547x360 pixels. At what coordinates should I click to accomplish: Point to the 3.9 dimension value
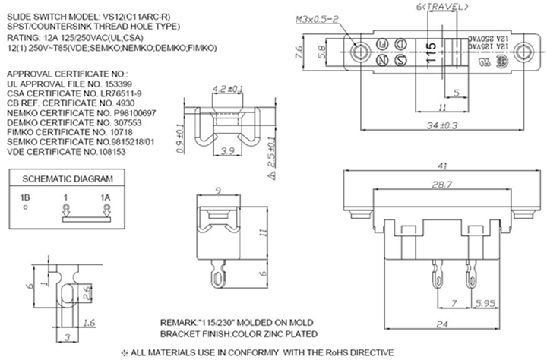point(226,152)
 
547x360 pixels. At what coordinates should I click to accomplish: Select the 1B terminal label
point(26,197)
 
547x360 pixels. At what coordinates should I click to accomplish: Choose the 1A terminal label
point(106,197)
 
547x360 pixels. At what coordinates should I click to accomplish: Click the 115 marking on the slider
point(430,52)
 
